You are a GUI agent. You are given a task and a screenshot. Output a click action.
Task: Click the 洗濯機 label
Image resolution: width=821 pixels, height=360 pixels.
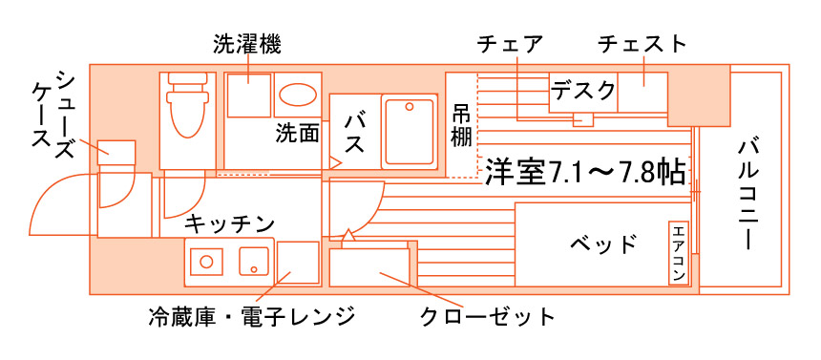247,44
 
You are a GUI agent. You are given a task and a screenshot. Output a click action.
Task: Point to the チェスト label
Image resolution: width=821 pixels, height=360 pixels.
642,44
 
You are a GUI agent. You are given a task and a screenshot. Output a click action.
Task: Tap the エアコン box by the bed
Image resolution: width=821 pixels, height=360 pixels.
679,253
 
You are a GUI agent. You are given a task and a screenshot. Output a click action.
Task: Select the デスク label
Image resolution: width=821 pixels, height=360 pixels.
583,91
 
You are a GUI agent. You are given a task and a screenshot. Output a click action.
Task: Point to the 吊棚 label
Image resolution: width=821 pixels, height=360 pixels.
461,125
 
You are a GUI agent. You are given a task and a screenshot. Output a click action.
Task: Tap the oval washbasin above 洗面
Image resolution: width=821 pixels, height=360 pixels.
297,95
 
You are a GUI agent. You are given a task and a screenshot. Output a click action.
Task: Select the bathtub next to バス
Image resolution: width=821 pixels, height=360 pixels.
410,131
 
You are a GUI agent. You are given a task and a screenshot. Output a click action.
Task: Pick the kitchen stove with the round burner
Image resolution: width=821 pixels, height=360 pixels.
204,260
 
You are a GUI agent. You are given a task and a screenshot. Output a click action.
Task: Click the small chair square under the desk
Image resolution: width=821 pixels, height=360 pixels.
581,119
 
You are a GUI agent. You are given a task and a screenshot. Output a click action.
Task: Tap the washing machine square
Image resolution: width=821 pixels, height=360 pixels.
249,94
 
